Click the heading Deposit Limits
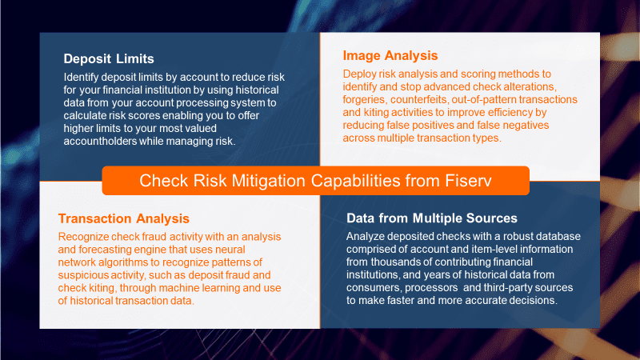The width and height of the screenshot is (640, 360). coord(109,58)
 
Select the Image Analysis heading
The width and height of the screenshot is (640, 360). coord(390,55)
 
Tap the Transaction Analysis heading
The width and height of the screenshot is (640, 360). coord(124,218)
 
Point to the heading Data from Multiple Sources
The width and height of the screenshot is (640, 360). coord(432,218)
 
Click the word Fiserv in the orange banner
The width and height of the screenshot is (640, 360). coord(468,181)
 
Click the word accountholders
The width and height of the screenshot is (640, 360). coord(99,142)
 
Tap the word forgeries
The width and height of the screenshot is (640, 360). coord(364,99)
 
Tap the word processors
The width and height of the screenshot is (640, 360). coord(431,288)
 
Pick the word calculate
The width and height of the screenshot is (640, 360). coord(82,115)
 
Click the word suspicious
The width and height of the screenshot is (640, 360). coord(82,275)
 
